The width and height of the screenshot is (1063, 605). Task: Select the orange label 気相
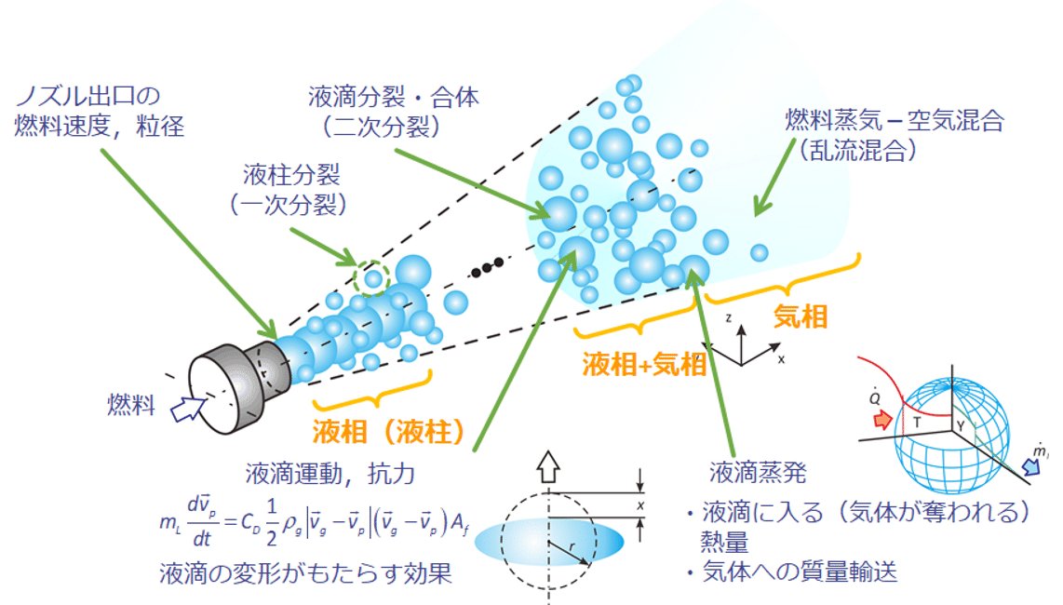[x=801, y=317]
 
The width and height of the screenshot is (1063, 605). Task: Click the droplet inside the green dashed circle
[x=372, y=277]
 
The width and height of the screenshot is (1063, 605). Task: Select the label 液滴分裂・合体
[x=393, y=98]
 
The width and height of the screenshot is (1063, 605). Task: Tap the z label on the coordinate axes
[x=733, y=317]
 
